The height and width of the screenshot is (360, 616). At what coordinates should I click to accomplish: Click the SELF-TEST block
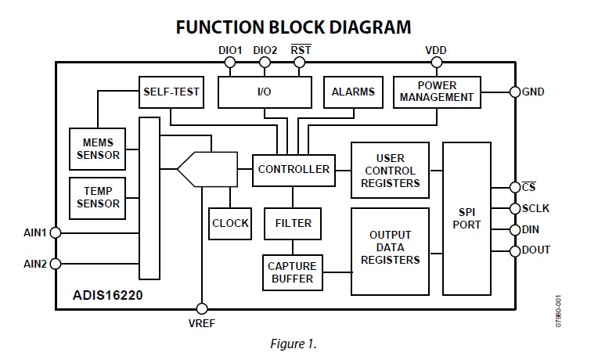pos(171,92)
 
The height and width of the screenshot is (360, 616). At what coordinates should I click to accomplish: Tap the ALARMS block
pos(353,92)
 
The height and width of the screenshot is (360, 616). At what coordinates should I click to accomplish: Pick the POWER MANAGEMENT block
pos(436,92)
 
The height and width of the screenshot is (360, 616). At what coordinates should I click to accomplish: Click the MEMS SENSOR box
pos(99,148)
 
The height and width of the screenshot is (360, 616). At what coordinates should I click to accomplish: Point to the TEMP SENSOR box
pos(99,197)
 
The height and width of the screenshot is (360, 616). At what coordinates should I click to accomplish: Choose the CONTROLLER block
pos(294,169)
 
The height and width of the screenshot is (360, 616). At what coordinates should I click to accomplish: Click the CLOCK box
pos(230,223)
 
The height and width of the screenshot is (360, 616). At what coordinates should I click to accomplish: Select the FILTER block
pos(293,223)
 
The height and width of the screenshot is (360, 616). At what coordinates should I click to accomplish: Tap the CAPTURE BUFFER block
pos(292,272)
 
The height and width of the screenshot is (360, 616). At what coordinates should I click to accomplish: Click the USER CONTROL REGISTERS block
pos(390,171)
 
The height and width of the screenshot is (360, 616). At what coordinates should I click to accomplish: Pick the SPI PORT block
pos(467,218)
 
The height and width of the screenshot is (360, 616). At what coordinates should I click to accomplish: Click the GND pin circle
pos(514,92)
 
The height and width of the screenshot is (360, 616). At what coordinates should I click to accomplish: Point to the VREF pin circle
pos(203,308)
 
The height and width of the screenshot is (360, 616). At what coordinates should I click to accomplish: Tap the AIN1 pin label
pos(35,232)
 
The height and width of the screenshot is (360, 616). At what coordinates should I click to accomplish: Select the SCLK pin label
pos(536,209)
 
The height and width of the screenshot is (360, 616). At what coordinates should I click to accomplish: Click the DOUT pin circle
pos(514,250)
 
